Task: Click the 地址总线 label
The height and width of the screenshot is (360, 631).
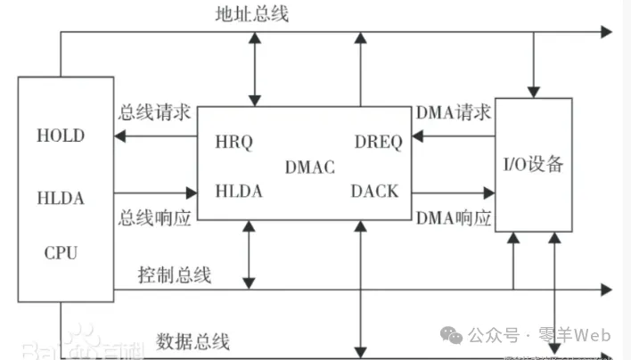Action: [x=251, y=14]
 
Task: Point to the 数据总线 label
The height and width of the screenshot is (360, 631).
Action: [x=193, y=340]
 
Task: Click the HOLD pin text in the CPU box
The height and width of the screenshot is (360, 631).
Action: [x=61, y=136]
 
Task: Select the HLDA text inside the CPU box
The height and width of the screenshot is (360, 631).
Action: [x=61, y=198]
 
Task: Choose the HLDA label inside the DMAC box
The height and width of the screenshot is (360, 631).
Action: [x=238, y=191]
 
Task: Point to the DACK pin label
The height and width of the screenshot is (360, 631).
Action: [x=375, y=191]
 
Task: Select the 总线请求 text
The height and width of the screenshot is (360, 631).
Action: [x=154, y=114]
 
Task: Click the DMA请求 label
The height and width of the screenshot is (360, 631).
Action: [x=454, y=113]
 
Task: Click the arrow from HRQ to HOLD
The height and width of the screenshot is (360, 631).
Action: [x=155, y=137]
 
